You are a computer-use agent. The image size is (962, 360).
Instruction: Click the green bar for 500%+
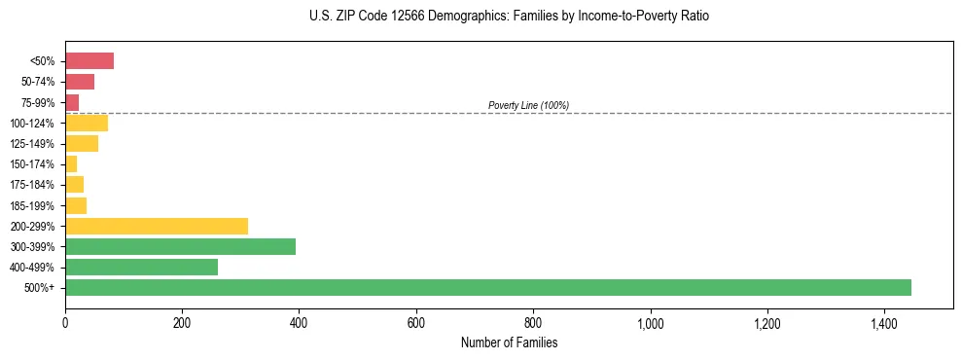coord(487,287)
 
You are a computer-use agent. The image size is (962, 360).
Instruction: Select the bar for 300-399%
coord(180,246)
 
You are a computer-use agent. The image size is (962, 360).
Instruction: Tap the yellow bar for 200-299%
coord(157,226)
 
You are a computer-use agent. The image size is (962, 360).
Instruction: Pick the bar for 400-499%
coord(141,267)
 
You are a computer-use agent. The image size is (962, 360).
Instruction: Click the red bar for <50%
coord(89,61)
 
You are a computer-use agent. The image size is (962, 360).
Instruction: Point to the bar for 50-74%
coord(80,82)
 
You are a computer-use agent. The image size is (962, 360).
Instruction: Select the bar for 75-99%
coord(72,102)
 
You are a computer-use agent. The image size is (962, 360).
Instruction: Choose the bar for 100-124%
coord(87,123)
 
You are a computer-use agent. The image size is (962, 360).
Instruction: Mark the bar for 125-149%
coord(82,144)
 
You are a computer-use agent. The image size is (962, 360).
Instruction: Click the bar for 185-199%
coord(76,205)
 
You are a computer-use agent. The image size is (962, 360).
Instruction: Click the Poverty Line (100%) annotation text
coord(528,105)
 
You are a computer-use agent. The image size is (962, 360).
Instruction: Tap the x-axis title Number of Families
coord(509,342)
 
